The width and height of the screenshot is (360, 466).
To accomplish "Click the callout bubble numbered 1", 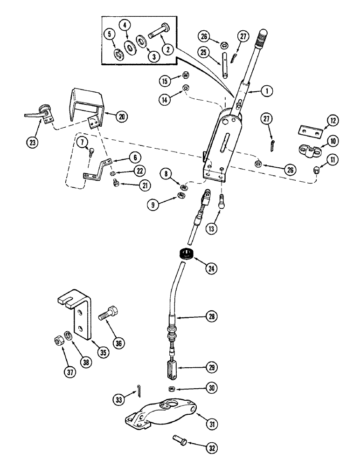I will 266,92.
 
